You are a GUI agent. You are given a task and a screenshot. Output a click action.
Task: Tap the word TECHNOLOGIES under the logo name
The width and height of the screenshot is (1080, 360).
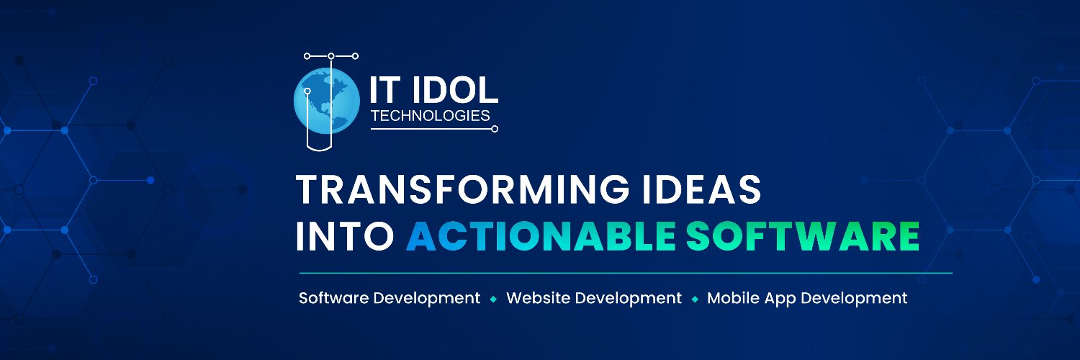tap(430, 115)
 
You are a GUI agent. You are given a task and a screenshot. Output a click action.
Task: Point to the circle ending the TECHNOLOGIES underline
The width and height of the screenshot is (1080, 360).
tap(495, 130)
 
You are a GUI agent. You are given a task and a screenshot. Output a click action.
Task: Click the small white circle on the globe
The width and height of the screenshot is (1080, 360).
tap(307, 91)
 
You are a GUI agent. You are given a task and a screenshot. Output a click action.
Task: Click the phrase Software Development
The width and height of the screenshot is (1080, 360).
tap(390, 298)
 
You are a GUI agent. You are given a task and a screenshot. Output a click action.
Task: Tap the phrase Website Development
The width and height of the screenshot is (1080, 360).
tap(594, 298)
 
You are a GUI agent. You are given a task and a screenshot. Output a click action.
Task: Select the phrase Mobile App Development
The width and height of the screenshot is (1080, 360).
tap(807, 298)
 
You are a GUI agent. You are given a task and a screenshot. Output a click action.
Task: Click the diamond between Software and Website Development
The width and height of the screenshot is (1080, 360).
tap(493, 299)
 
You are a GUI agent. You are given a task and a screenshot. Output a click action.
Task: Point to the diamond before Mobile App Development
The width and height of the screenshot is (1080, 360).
tap(695, 299)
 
